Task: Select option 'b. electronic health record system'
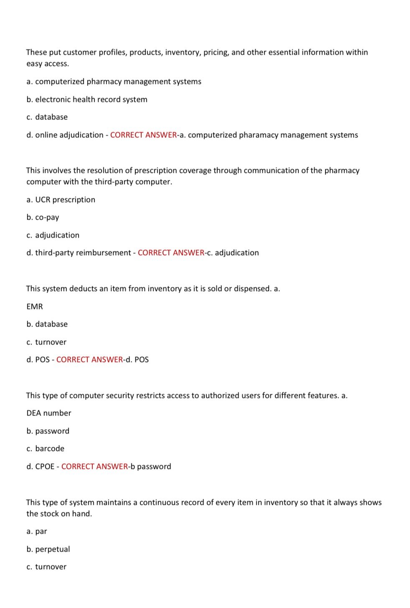87,99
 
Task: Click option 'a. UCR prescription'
61,200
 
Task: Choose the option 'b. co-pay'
43,217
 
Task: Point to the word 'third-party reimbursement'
83,253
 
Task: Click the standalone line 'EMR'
35,307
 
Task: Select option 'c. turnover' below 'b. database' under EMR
46,342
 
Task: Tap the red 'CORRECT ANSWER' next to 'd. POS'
89,360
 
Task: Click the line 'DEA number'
49,413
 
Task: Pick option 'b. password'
48,431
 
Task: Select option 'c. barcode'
45,448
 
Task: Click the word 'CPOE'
45,466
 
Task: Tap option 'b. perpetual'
48,549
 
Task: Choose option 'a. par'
37,532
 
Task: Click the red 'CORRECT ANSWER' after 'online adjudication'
143,135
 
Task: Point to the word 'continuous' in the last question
157,502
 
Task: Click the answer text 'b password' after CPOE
151,466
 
